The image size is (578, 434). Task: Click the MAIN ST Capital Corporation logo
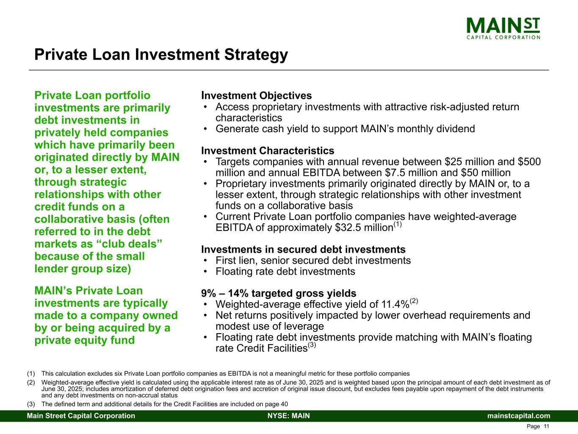click(x=503, y=28)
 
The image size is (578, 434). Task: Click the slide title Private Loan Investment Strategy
click(x=161, y=55)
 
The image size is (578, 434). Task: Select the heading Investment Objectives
click(x=257, y=95)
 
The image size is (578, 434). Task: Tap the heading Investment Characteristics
click(x=268, y=150)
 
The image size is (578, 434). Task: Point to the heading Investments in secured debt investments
click(x=303, y=249)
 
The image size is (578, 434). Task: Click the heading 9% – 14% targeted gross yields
click(x=279, y=293)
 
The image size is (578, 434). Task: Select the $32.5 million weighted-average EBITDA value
click(x=364, y=228)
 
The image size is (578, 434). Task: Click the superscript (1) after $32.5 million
click(x=398, y=224)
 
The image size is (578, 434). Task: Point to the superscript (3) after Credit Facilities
click(x=312, y=345)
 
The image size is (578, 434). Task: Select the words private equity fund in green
click(x=85, y=340)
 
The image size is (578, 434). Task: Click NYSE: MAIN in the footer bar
click(x=289, y=416)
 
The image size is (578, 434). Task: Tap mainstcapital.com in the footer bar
click(x=519, y=416)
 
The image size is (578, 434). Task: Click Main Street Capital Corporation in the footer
click(x=81, y=416)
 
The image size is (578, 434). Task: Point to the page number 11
click(x=546, y=426)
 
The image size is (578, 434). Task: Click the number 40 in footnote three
click(x=285, y=404)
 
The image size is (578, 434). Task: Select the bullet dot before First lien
click(x=205, y=261)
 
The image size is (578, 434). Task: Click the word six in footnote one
click(x=119, y=374)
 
